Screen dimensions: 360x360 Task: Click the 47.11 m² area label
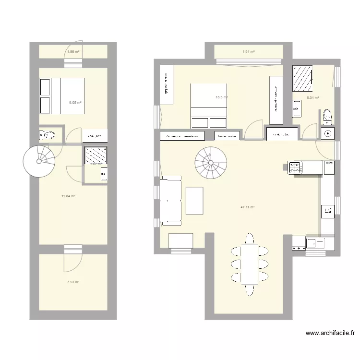[x=247, y=207]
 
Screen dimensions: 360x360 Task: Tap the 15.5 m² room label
[x=221, y=97]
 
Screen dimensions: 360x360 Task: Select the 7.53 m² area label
[x=73, y=282]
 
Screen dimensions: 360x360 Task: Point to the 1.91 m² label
[x=248, y=52]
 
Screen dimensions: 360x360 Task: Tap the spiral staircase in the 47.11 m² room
[x=210, y=163]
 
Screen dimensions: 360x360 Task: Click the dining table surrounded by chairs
[x=249, y=264]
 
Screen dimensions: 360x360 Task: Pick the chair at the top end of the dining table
[x=249, y=239]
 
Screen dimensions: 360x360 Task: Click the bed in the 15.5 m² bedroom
[x=209, y=106]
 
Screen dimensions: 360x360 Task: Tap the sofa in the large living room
[x=170, y=201]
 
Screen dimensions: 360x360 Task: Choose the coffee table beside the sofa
[x=194, y=200]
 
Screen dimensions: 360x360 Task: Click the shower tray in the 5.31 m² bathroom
[x=303, y=78]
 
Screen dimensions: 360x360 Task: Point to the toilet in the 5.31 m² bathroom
[x=327, y=115]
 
